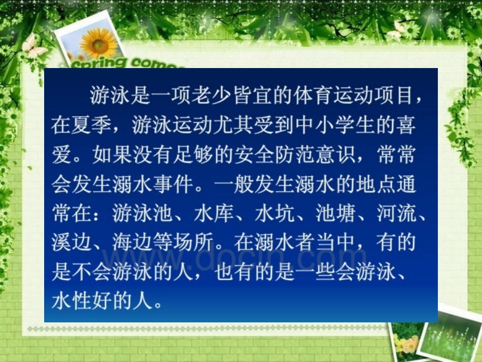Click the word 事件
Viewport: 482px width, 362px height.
(173, 183)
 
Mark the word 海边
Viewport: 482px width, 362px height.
(132, 243)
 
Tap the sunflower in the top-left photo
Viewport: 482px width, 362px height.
(98, 44)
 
